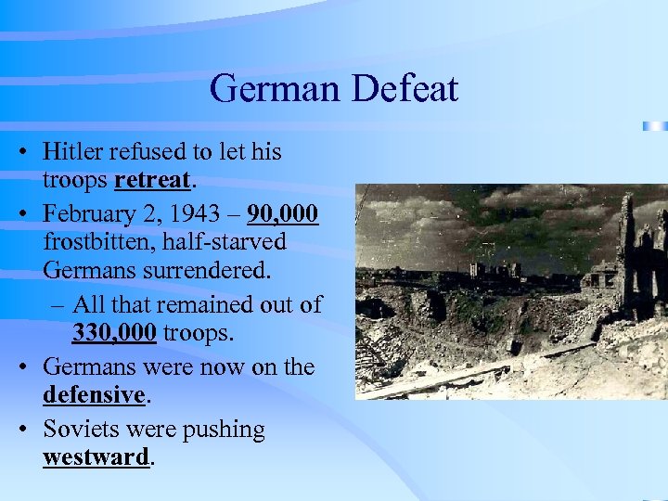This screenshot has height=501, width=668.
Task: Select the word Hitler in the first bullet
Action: [x=74, y=151]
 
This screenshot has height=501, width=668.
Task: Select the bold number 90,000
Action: [x=283, y=213]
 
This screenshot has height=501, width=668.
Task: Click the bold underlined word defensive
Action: [x=94, y=394]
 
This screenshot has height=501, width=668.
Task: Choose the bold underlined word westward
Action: [x=96, y=457]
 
